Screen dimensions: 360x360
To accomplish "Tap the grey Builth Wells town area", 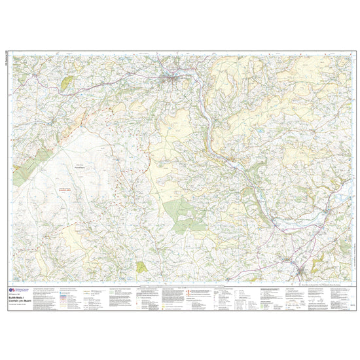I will pos(171,80).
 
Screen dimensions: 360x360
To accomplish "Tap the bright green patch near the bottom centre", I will pos(141,267).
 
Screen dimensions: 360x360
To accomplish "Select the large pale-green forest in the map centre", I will pos(182,215).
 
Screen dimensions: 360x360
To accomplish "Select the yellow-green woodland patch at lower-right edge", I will pos(319,264).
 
